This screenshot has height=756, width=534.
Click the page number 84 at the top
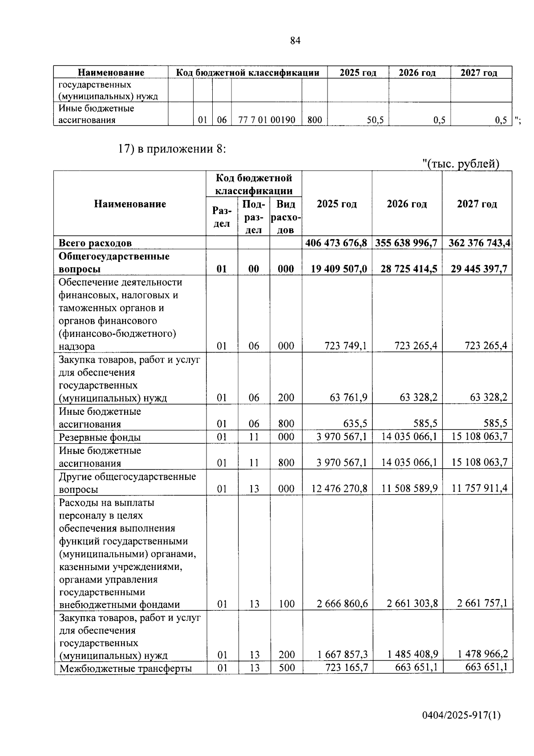tap(295, 41)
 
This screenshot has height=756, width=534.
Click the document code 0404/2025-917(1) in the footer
tap(461, 715)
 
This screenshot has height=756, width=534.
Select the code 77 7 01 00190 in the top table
tap(267, 119)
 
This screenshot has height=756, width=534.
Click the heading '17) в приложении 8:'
tap(172, 149)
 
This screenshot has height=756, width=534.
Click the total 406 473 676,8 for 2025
tap(336, 243)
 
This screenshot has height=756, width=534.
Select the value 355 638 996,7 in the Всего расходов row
tap(407, 243)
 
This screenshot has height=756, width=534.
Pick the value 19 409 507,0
tap(339, 269)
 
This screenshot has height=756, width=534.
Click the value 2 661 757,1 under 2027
tap(482, 604)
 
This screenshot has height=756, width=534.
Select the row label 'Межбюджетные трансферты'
tap(125, 668)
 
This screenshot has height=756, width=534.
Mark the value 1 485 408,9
tap(413, 654)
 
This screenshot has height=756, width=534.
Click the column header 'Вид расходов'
tap(286, 217)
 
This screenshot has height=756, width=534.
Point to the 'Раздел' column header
tap(222, 217)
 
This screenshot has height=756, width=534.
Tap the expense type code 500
tap(287, 668)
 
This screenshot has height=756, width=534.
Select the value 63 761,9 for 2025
tap(348, 397)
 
